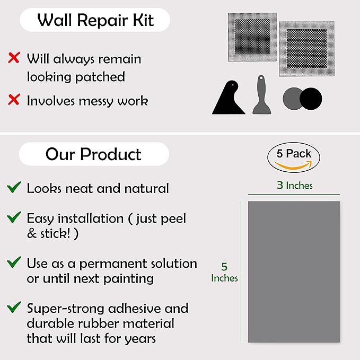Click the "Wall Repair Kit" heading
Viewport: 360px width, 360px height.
click(x=95, y=20)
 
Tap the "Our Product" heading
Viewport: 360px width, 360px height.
click(x=93, y=154)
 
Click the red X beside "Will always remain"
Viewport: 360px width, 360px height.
click(x=14, y=58)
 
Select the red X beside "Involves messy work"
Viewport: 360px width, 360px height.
click(x=14, y=100)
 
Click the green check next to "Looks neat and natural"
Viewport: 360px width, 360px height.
click(x=14, y=187)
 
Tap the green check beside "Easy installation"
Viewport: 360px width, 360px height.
click(x=14, y=217)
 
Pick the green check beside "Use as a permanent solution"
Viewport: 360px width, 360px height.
click(x=14, y=262)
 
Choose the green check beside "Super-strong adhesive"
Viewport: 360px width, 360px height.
click(x=14, y=307)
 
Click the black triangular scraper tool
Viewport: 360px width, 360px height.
click(x=229, y=101)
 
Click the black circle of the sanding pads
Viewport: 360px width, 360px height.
click(x=311, y=99)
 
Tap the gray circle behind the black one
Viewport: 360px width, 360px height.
click(x=292, y=99)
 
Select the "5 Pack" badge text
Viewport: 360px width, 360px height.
click(x=294, y=153)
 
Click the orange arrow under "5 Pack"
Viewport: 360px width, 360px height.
click(x=293, y=165)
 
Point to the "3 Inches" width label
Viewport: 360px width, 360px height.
click(x=295, y=185)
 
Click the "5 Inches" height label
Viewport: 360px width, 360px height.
click(x=224, y=273)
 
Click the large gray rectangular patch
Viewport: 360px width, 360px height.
click(x=294, y=272)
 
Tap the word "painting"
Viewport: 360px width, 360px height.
click(x=128, y=279)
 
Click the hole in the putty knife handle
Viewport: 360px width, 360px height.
click(x=261, y=78)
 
